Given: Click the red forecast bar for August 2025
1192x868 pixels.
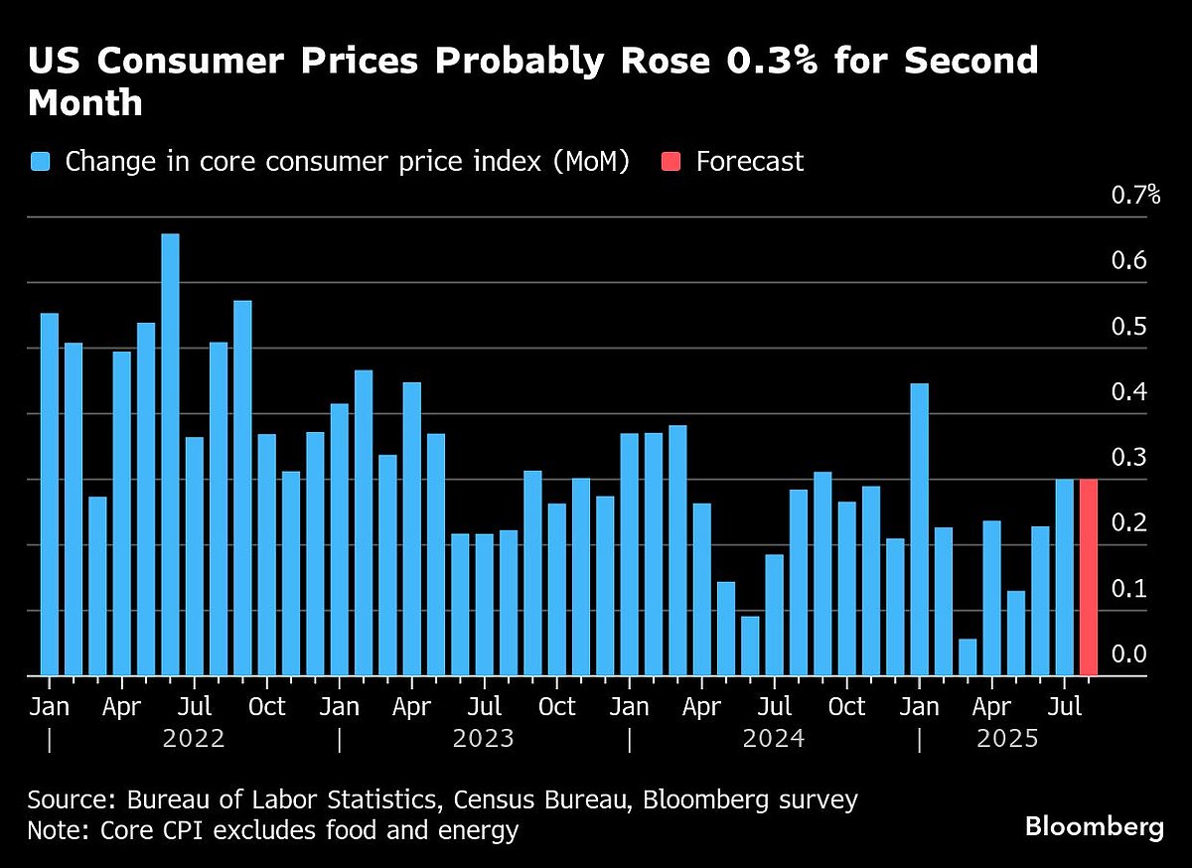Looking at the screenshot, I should (1088, 577).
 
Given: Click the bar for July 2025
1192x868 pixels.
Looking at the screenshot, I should (1064, 577).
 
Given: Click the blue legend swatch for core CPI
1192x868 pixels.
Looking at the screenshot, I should (41, 162).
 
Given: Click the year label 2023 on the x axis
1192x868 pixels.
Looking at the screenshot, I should (483, 739).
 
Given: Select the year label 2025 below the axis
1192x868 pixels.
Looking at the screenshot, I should (1007, 739).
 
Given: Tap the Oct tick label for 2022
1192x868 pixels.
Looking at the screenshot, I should (266, 706).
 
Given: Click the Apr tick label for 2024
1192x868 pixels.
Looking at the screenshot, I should (701, 706).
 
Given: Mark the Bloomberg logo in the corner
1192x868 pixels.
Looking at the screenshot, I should (1095, 826).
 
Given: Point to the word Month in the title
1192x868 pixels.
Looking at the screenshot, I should (85, 102).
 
